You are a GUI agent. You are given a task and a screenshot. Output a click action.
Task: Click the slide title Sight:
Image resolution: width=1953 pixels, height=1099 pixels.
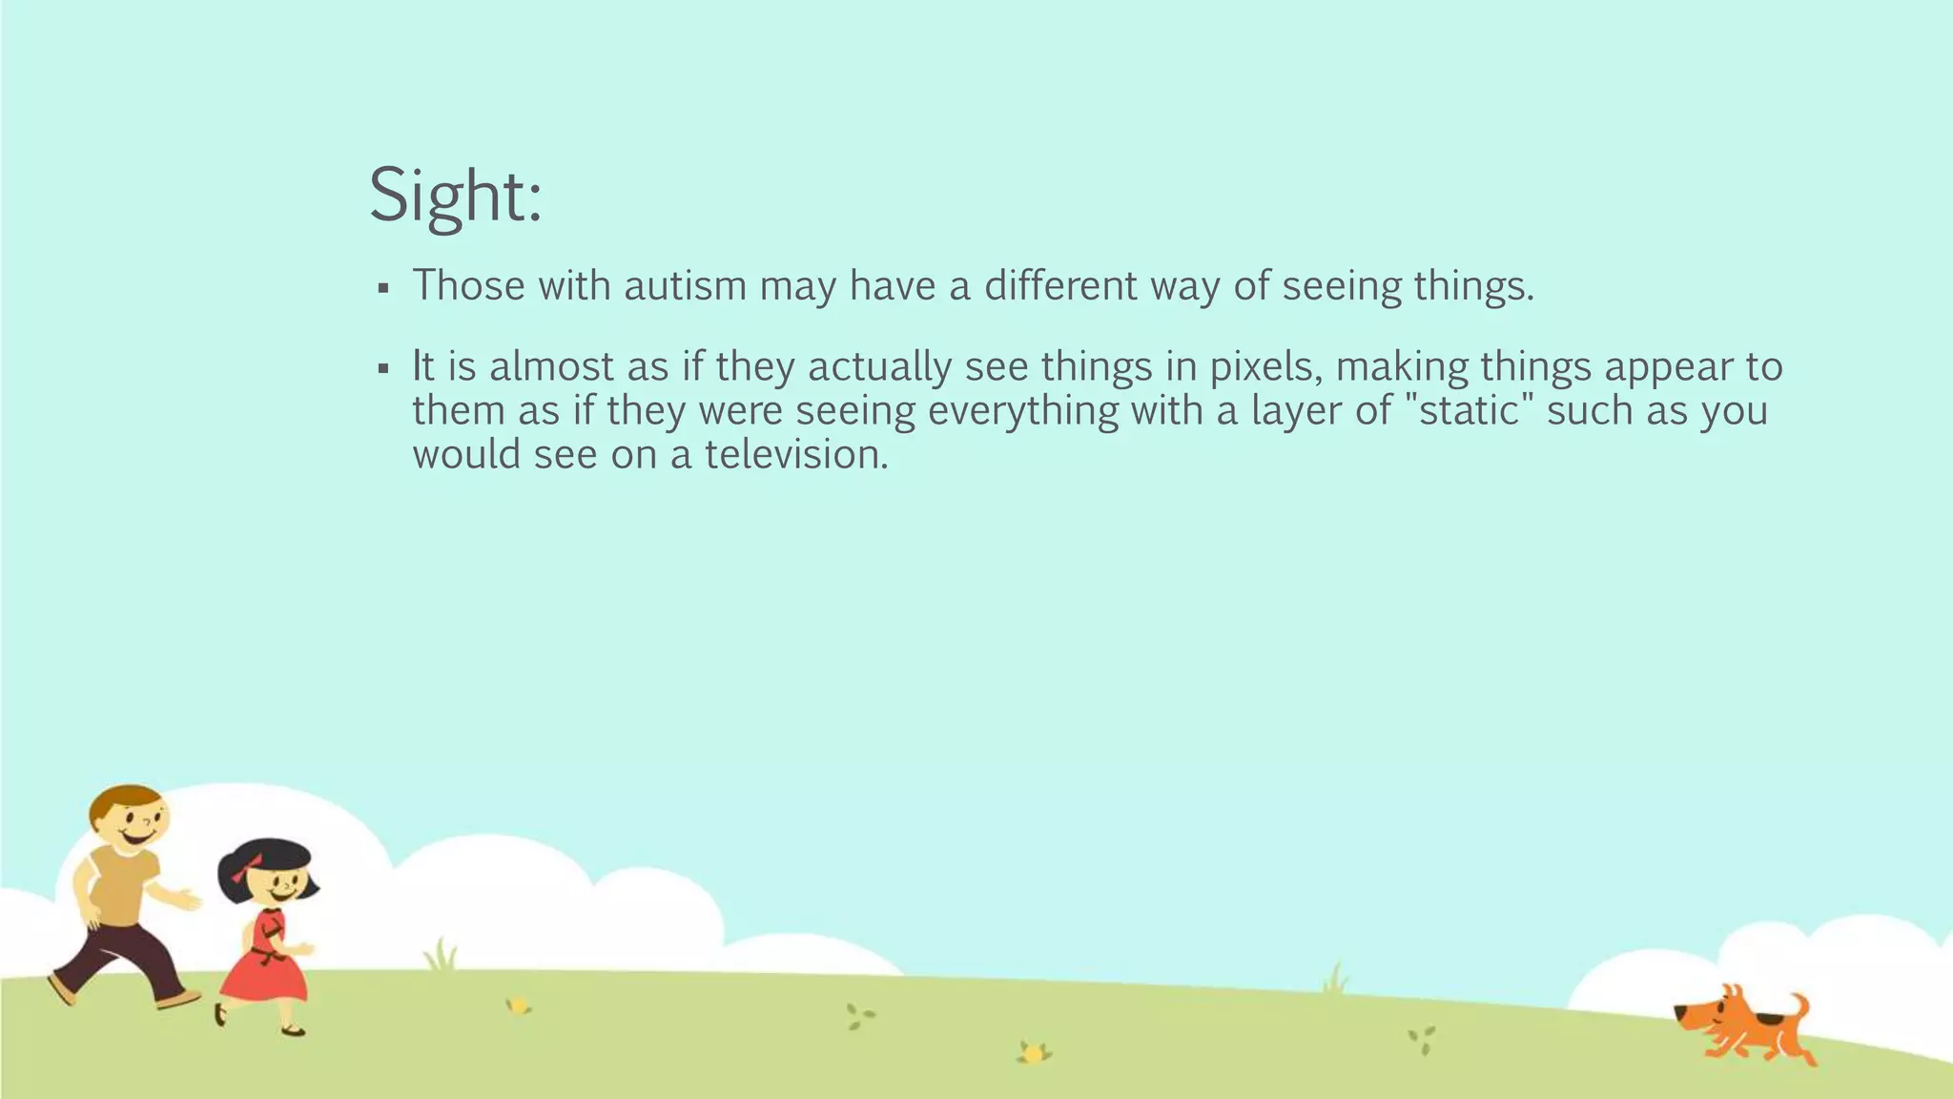pyautogui.click(x=455, y=196)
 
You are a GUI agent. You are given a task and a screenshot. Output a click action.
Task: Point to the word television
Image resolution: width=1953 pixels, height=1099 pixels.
pyautogui.click(x=796, y=455)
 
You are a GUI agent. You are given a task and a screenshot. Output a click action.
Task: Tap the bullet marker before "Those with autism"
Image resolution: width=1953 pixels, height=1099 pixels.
pyautogui.click(x=383, y=288)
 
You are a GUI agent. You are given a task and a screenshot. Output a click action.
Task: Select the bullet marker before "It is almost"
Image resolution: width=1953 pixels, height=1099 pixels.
pyautogui.click(x=383, y=368)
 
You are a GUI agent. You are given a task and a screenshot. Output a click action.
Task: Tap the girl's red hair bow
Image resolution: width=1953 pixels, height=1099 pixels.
pyautogui.click(x=245, y=869)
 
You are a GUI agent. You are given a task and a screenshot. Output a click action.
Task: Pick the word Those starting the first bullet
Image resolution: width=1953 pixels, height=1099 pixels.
pyautogui.click(x=468, y=286)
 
